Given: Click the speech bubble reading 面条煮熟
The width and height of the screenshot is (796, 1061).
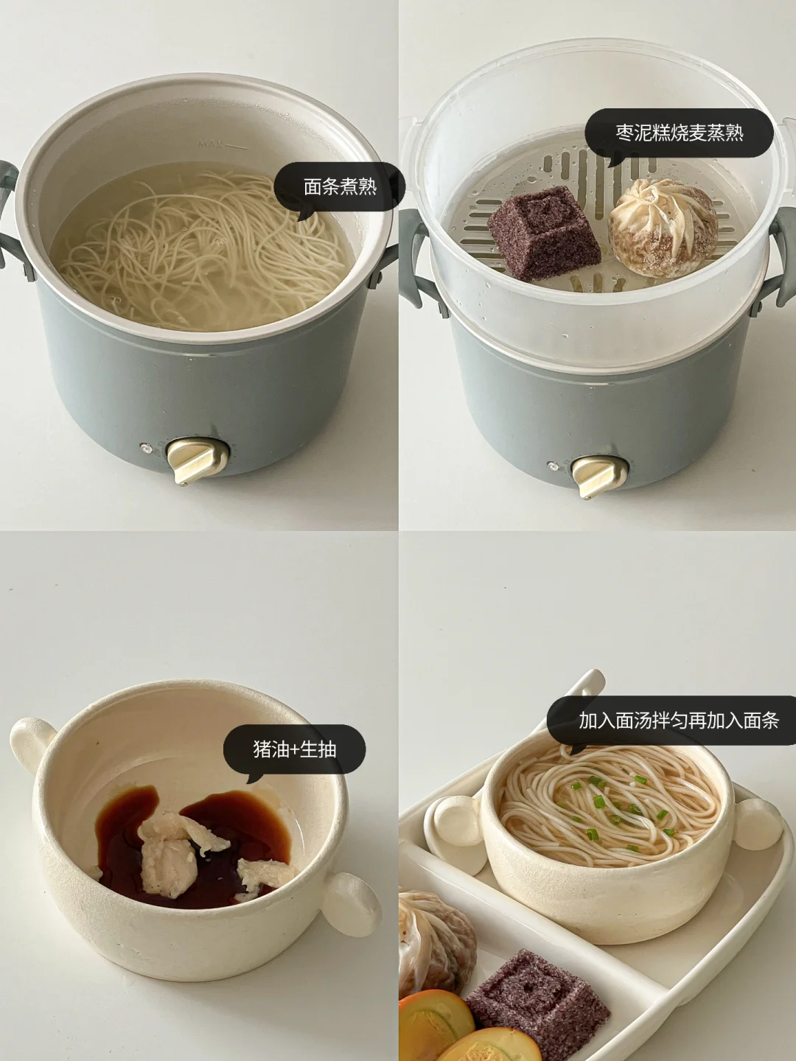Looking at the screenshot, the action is click(x=340, y=186).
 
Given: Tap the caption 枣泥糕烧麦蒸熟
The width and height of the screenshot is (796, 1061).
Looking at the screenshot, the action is click(x=679, y=133).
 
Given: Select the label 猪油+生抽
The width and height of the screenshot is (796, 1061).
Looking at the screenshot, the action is click(x=294, y=749).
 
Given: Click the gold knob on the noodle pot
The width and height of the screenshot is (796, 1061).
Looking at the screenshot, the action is click(x=196, y=461).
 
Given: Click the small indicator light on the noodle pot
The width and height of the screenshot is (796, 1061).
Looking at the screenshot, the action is click(x=144, y=448).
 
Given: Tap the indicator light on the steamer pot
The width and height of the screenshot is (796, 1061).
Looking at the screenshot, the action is click(x=553, y=465).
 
